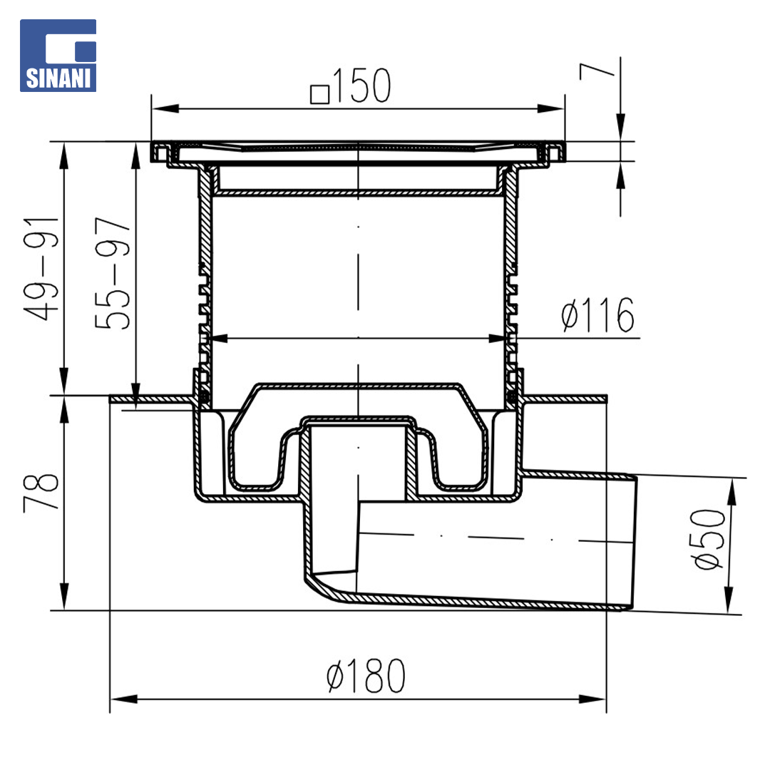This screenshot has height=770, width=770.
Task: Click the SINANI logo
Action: tap(58, 56)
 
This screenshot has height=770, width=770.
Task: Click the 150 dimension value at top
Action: tap(362, 86)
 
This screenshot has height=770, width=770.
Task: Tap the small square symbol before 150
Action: tap(319, 94)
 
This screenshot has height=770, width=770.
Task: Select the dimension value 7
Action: tap(596, 72)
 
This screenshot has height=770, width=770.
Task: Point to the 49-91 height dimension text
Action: tap(41, 269)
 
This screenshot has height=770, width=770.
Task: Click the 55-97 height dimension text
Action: tap(113, 273)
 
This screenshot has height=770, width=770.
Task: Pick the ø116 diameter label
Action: tap(597, 315)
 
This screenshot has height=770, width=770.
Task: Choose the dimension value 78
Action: tap(41, 491)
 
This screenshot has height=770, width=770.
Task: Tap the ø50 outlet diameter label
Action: tap(708, 539)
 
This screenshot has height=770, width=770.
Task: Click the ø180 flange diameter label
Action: tap(366, 676)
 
